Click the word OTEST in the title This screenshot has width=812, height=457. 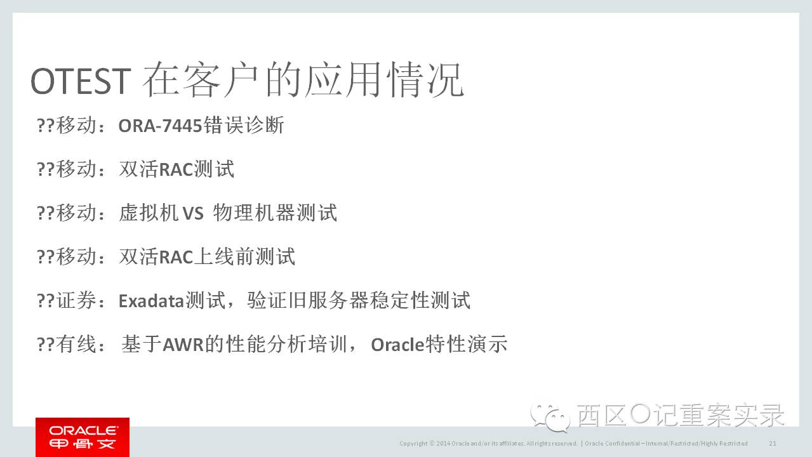[81, 81]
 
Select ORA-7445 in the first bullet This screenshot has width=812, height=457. [160, 126]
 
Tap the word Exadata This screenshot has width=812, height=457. [151, 301]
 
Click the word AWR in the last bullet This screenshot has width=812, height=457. [183, 345]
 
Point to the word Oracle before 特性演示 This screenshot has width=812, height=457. [397, 345]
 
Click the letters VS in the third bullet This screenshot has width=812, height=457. [193, 213]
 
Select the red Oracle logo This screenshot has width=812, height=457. [83, 437]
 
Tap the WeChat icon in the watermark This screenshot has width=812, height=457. [550, 418]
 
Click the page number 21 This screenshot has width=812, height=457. [773, 443]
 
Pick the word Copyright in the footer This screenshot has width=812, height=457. [413, 444]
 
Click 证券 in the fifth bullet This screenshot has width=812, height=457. [76, 300]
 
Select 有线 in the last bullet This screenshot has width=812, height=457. [76, 344]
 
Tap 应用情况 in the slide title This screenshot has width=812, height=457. [384, 80]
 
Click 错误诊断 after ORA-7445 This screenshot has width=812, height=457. [244, 126]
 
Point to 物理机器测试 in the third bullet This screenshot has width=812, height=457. [275, 213]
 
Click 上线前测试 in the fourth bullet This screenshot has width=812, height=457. [244, 257]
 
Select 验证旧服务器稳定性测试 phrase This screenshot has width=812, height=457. [359, 300]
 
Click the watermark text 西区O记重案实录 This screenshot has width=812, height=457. [681, 415]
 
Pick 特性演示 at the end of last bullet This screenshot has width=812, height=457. [467, 344]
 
